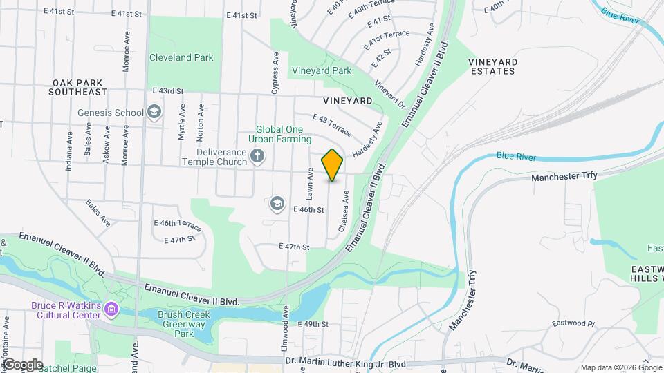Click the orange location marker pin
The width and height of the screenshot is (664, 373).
(333, 164)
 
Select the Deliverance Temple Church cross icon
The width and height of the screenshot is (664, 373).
(257, 155)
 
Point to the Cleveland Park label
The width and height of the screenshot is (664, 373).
(181, 58)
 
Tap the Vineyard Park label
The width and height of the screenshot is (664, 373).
(322, 70)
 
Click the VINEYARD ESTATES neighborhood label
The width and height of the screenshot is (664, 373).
(492, 66)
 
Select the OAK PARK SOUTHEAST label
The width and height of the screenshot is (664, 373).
(80, 86)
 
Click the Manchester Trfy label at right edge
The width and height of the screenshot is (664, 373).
(564, 178)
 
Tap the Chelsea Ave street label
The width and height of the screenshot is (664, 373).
(342, 212)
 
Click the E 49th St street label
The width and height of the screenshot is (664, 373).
(312, 324)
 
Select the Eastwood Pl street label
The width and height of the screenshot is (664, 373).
(573, 323)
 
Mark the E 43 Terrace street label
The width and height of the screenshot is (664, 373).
(332, 123)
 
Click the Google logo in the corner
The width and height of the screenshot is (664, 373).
(22, 365)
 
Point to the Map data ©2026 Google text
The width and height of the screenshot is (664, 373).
(621, 367)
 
